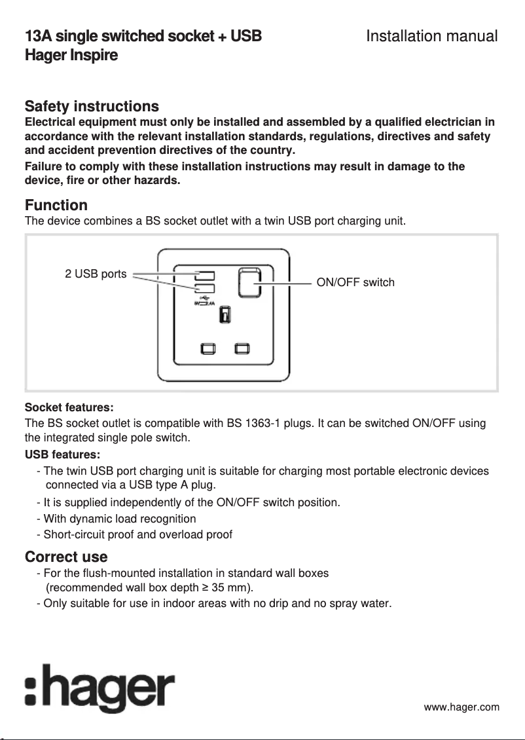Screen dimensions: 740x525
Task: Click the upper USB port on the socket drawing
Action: pyautogui.click(x=204, y=275)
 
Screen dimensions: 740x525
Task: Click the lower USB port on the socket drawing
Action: pyautogui.click(x=204, y=289)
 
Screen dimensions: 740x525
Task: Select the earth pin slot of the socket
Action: pyautogui.click(x=225, y=315)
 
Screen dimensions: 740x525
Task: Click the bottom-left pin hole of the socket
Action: pyautogui.click(x=208, y=348)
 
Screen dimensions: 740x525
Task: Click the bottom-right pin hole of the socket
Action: pyautogui.click(x=244, y=348)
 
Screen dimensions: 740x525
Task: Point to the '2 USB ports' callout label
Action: pyautogui.click(x=96, y=274)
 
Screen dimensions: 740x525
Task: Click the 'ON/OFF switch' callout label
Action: pyautogui.click(x=355, y=283)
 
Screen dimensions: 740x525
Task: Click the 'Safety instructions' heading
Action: pyautogui.click(x=92, y=106)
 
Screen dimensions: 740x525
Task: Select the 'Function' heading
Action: pyautogui.click(x=56, y=206)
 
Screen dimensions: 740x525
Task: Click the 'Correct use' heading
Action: pyautogui.click(x=66, y=557)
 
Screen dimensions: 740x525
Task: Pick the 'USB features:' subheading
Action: pyautogui.click(x=62, y=454)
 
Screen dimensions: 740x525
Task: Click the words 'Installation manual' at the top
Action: pyautogui.click(x=431, y=36)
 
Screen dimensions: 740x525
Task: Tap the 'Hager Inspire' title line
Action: pyautogui.click(x=71, y=55)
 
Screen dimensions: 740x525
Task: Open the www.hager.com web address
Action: pyautogui.click(x=462, y=707)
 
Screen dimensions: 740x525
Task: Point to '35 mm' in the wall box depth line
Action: pyautogui.click(x=230, y=587)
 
